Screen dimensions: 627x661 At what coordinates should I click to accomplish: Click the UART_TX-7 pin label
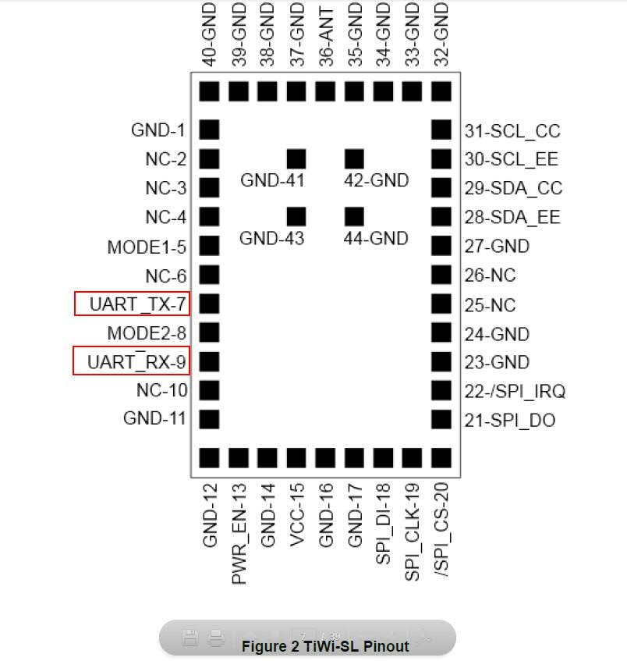(x=137, y=304)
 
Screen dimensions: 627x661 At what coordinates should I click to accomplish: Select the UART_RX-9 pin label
(x=136, y=361)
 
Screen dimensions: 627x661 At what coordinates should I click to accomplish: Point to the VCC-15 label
(x=297, y=515)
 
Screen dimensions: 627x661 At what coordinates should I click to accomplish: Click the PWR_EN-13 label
(x=239, y=534)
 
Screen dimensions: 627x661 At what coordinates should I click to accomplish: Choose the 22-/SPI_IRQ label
(x=515, y=392)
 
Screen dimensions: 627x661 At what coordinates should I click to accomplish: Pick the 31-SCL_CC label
(x=512, y=131)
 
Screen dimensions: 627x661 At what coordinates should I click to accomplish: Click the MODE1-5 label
(x=147, y=247)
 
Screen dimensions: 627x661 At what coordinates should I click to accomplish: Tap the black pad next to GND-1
(x=210, y=130)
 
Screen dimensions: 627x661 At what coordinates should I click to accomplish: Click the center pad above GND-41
(x=296, y=158)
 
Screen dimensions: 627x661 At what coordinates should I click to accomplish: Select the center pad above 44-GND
(x=354, y=216)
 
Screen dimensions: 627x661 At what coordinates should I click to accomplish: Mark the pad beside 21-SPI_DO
(x=441, y=419)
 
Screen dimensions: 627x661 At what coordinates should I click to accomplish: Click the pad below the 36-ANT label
(x=325, y=91)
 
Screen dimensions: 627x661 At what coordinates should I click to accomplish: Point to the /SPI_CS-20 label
(x=442, y=530)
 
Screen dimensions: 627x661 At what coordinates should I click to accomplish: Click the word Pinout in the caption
(x=386, y=646)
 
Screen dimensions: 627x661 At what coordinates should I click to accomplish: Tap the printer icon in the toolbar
(x=216, y=638)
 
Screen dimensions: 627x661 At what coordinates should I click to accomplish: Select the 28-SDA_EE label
(x=512, y=218)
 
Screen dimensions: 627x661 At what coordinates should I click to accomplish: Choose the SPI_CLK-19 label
(x=412, y=532)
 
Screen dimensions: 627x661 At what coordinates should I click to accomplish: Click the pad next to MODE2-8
(x=210, y=332)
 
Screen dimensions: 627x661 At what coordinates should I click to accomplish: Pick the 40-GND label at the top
(x=210, y=34)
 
